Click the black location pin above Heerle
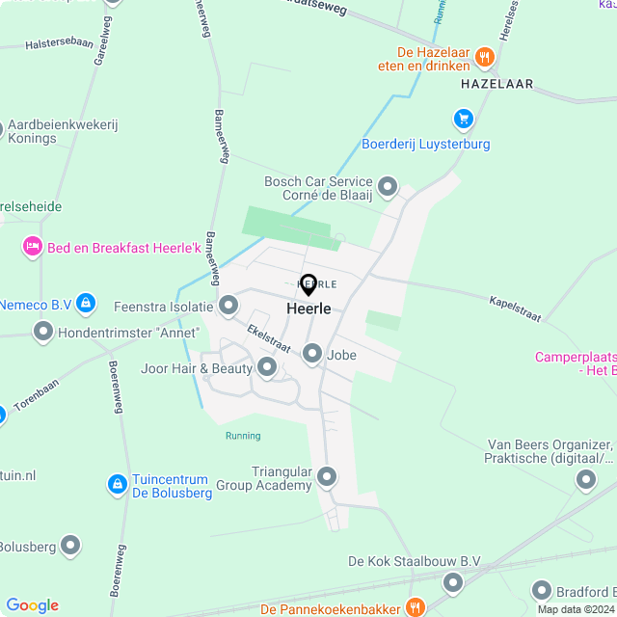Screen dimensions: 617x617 tap(308, 285)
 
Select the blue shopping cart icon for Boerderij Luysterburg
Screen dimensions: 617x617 tap(464, 119)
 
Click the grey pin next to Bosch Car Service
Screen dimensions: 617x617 tap(388, 185)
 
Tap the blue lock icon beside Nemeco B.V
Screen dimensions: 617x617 tap(87, 304)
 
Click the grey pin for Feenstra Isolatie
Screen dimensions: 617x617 tap(228, 307)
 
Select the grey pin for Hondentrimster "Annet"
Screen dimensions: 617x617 tap(43, 333)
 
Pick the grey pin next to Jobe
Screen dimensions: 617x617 tap(312, 355)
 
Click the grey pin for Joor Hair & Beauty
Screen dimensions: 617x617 tap(267, 367)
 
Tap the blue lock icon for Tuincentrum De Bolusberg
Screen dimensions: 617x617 tap(117, 482)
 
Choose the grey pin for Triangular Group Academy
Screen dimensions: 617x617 tap(327, 476)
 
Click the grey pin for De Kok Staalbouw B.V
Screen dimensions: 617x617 tap(453, 582)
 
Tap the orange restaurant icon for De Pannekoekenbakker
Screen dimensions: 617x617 tap(416, 607)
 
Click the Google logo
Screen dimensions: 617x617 tap(32, 605)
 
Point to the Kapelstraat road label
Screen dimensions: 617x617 tap(515, 308)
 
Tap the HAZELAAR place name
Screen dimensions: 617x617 tap(497, 84)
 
